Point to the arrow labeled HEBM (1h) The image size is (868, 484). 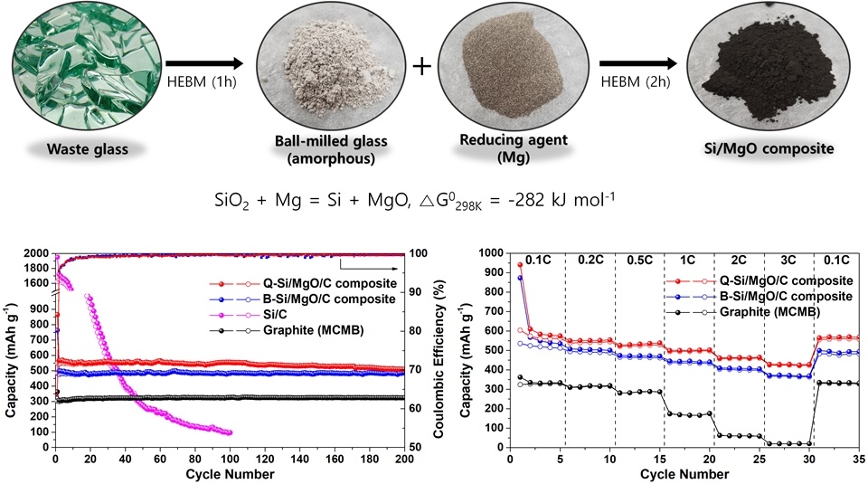point(209,64)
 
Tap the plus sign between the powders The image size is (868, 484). point(422,65)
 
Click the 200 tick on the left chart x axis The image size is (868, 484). point(404,460)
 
